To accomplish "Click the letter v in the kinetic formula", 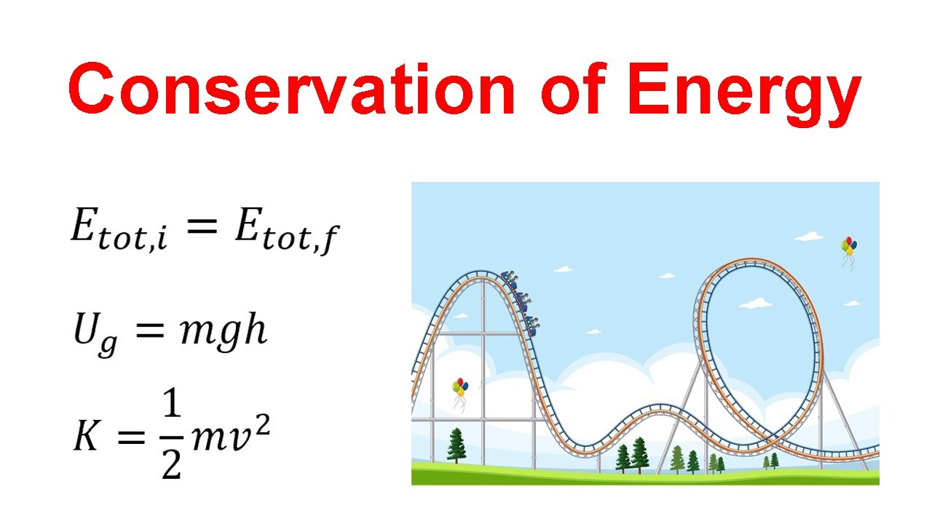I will [241, 437].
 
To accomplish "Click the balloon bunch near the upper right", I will [848, 248].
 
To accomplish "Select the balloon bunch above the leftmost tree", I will [459, 389].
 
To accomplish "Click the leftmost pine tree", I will [457, 445].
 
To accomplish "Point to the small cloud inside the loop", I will [757, 303].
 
